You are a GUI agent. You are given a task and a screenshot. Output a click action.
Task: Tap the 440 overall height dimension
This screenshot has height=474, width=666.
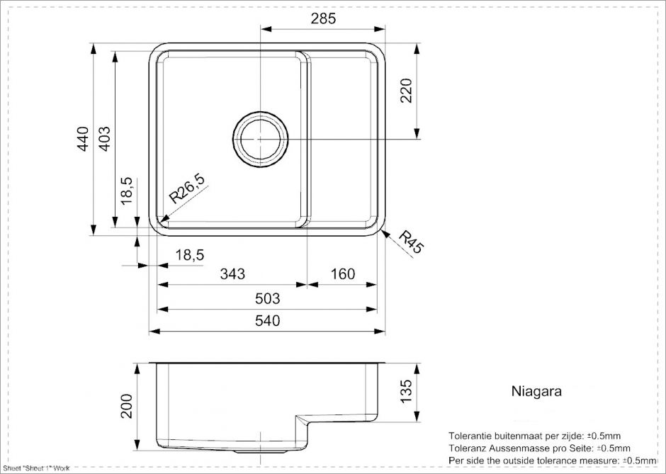coord(82,139)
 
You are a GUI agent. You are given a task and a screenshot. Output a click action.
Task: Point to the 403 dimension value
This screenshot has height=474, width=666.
coord(103,139)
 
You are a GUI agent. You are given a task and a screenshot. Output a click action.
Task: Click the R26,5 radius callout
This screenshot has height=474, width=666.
coord(187,189)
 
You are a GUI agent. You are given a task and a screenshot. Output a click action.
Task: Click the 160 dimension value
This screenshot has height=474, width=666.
coord(343,274)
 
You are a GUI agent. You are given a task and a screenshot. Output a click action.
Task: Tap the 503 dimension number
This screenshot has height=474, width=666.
coord(266,298)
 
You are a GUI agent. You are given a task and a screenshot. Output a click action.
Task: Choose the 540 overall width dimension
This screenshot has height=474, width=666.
coord(266,321)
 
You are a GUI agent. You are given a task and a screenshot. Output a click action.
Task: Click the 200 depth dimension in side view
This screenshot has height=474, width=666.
coord(127,406)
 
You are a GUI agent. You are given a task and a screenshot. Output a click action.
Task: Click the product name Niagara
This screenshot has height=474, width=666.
coord(536,391)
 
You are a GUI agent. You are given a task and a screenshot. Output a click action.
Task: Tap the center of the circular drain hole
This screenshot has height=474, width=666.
coord(260,139)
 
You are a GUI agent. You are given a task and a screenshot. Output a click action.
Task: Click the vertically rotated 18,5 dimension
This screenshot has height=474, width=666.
coord(127,191)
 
